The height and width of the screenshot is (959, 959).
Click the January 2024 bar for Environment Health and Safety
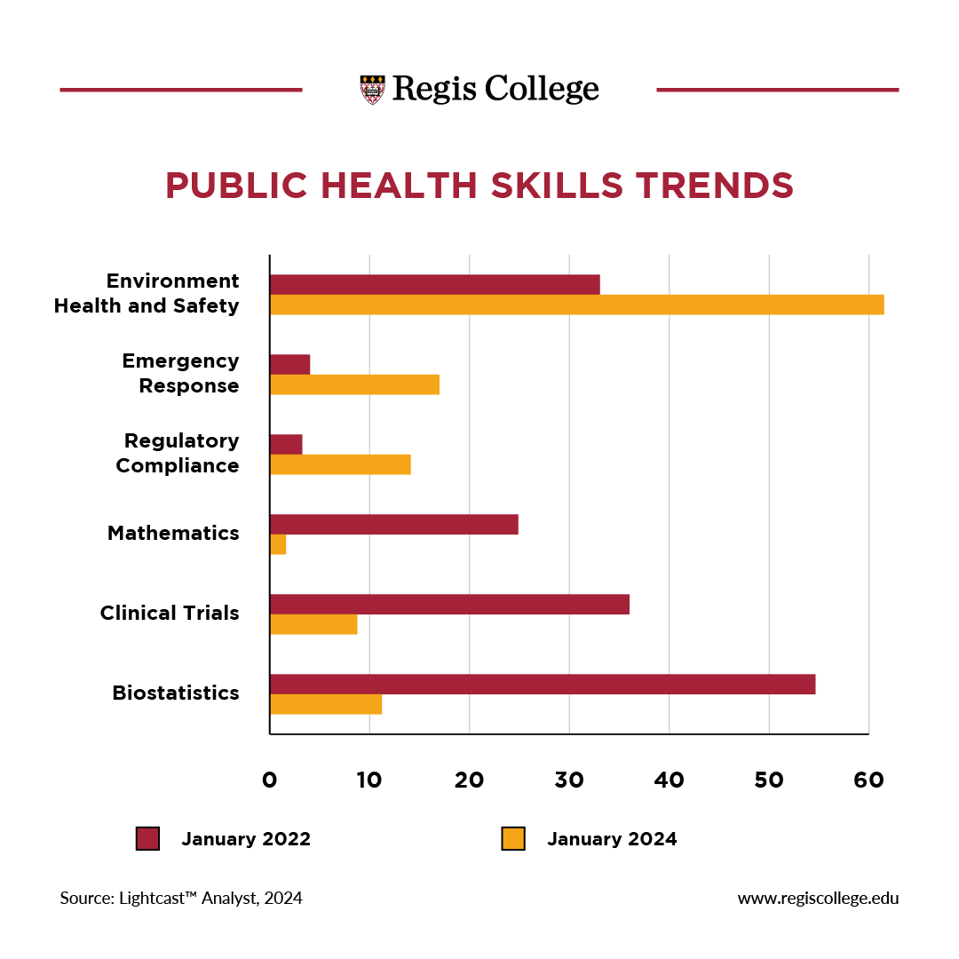coord(576,305)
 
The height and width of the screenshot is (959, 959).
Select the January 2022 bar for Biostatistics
coord(542,684)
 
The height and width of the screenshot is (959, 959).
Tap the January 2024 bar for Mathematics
coord(278,545)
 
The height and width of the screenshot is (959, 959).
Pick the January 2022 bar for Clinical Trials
coord(449,604)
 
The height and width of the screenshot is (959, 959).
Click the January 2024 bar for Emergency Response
coord(354,384)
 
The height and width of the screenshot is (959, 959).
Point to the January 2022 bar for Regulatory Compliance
coord(286,444)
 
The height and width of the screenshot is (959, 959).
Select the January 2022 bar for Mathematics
coord(393,524)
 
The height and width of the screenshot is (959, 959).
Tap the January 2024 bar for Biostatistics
coord(326,704)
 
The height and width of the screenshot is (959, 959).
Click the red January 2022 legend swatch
coord(147,839)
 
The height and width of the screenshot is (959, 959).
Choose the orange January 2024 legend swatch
coord(513,839)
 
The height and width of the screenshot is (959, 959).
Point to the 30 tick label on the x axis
coord(569,781)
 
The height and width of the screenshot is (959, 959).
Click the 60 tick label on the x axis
coord(868,781)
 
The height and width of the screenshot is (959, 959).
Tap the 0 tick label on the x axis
coord(269,781)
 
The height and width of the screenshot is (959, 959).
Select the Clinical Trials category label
coord(170,613)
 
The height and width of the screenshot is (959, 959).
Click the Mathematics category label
coord(173,533)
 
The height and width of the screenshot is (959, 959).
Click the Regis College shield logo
coord(373,90)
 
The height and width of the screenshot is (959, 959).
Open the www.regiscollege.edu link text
coord(818,898)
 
